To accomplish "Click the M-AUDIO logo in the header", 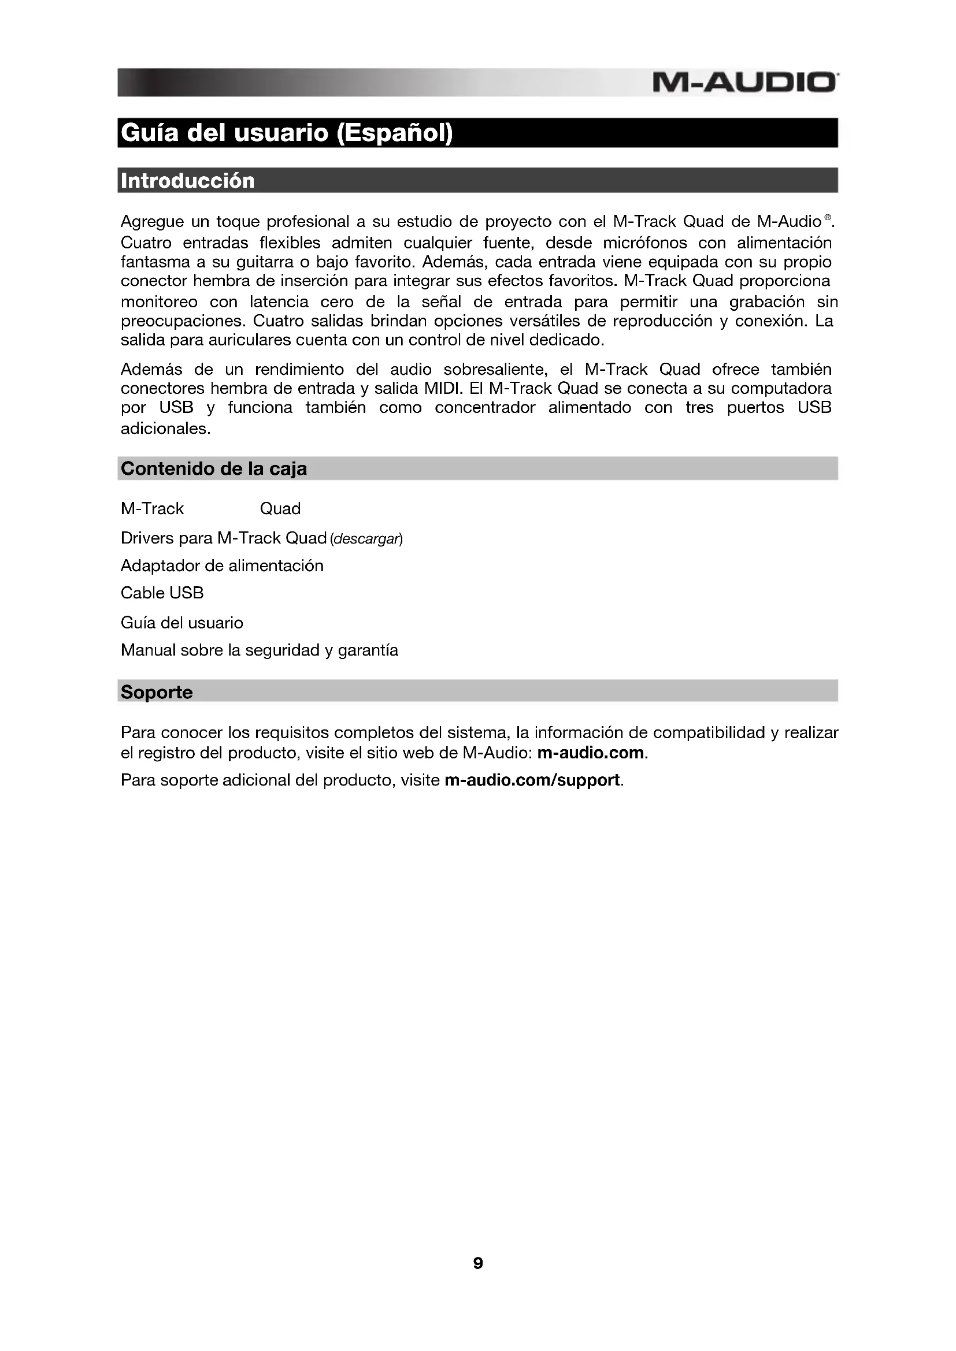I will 744,83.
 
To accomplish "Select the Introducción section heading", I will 187,181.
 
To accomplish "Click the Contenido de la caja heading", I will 214,469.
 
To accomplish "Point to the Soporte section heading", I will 157,692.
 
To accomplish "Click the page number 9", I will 478,1263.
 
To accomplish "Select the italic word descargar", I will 367,539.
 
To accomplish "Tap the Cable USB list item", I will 162,593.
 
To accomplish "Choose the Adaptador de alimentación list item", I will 222,566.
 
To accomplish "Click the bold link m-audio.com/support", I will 532,780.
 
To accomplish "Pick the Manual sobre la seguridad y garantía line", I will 259,650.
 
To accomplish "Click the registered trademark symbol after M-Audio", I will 828,218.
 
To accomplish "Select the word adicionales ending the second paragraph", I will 164,429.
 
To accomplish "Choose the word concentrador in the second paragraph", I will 485,408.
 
